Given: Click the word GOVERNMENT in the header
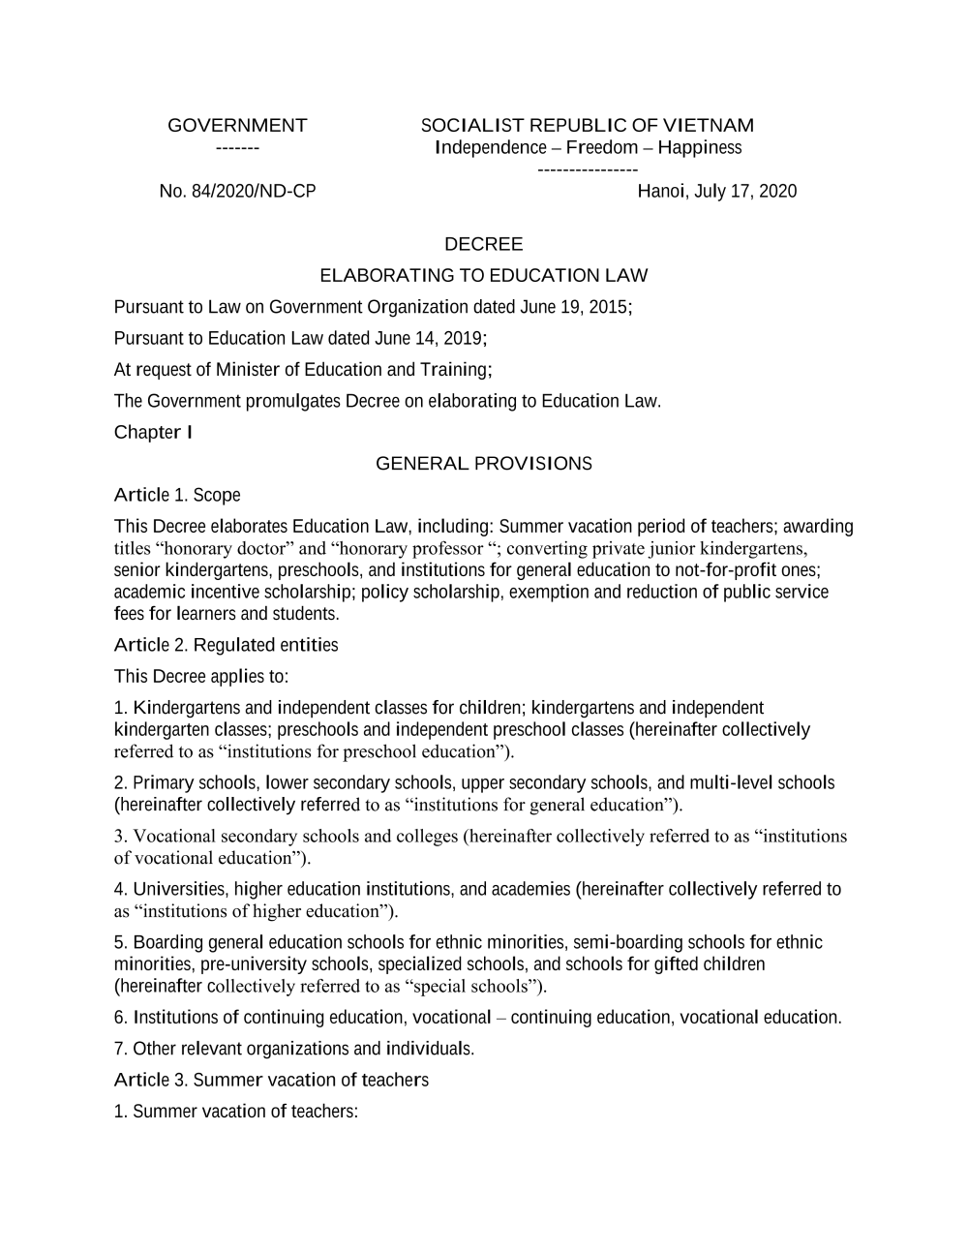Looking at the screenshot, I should click(237, 125).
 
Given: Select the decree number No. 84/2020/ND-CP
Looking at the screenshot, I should click(237, 191).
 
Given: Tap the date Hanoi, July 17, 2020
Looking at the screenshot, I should click(716, 191).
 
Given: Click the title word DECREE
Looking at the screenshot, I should click(483, 244).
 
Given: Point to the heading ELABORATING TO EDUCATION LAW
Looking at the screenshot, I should click(483, 275).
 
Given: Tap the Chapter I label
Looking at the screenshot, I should click(153, 432).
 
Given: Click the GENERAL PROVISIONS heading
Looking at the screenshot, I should click(483, 463).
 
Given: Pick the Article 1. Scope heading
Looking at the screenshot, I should click(177, 495).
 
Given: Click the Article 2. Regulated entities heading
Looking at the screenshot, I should click(226, 645).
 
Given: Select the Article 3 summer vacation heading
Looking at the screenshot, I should click(271, 1080).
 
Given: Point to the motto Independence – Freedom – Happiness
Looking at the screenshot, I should click(589, 147).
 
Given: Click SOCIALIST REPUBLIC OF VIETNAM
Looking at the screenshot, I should click(587, 125).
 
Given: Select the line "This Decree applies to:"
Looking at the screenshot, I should click(201, 676).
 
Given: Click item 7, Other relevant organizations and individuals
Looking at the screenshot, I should click(294, 1049).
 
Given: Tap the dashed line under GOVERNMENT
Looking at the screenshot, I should click(237, 148).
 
